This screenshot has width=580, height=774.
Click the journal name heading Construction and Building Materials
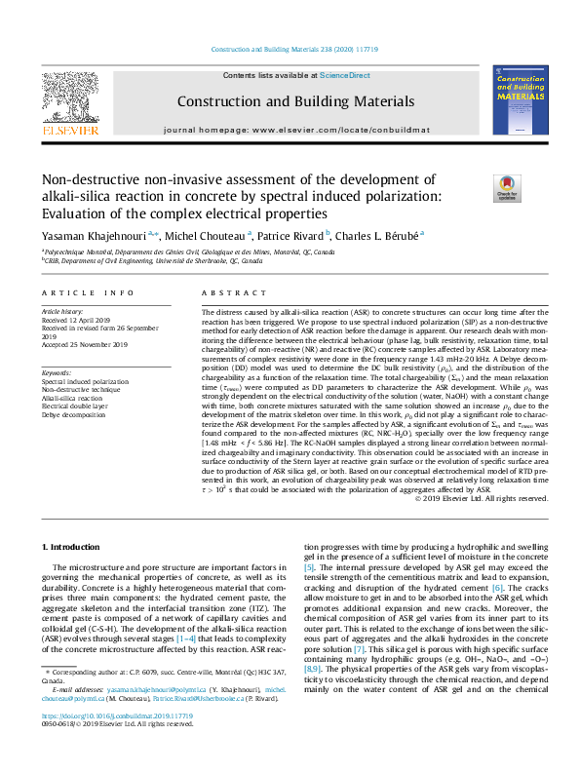(x=295, y=101)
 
